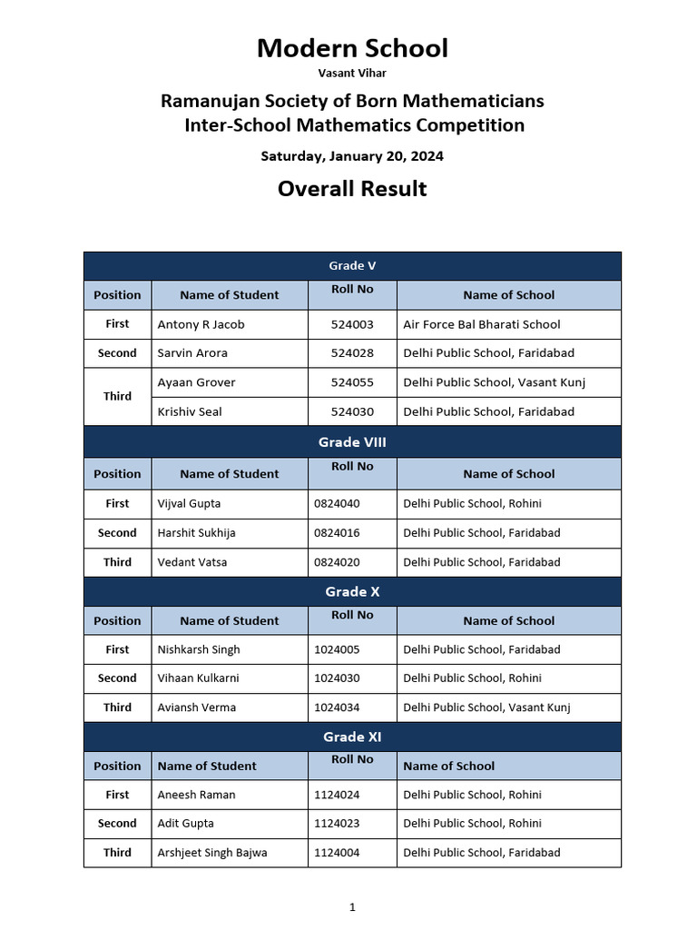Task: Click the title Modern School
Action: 352,48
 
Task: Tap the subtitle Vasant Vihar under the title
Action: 351,73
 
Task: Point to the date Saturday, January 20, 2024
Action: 352,156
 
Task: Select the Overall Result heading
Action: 352,189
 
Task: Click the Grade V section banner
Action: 352,266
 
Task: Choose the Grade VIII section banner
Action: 352,442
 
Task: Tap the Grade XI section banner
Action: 352,737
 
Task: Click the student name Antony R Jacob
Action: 201,324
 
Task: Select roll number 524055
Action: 352,382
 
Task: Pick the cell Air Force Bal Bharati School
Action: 481,324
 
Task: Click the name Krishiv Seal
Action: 190,411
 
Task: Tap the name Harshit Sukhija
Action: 196,533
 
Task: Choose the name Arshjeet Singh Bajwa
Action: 212,853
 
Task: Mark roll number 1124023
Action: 337,824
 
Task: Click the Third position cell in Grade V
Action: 117,397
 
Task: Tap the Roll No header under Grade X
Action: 352,616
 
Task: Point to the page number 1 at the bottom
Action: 352,906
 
